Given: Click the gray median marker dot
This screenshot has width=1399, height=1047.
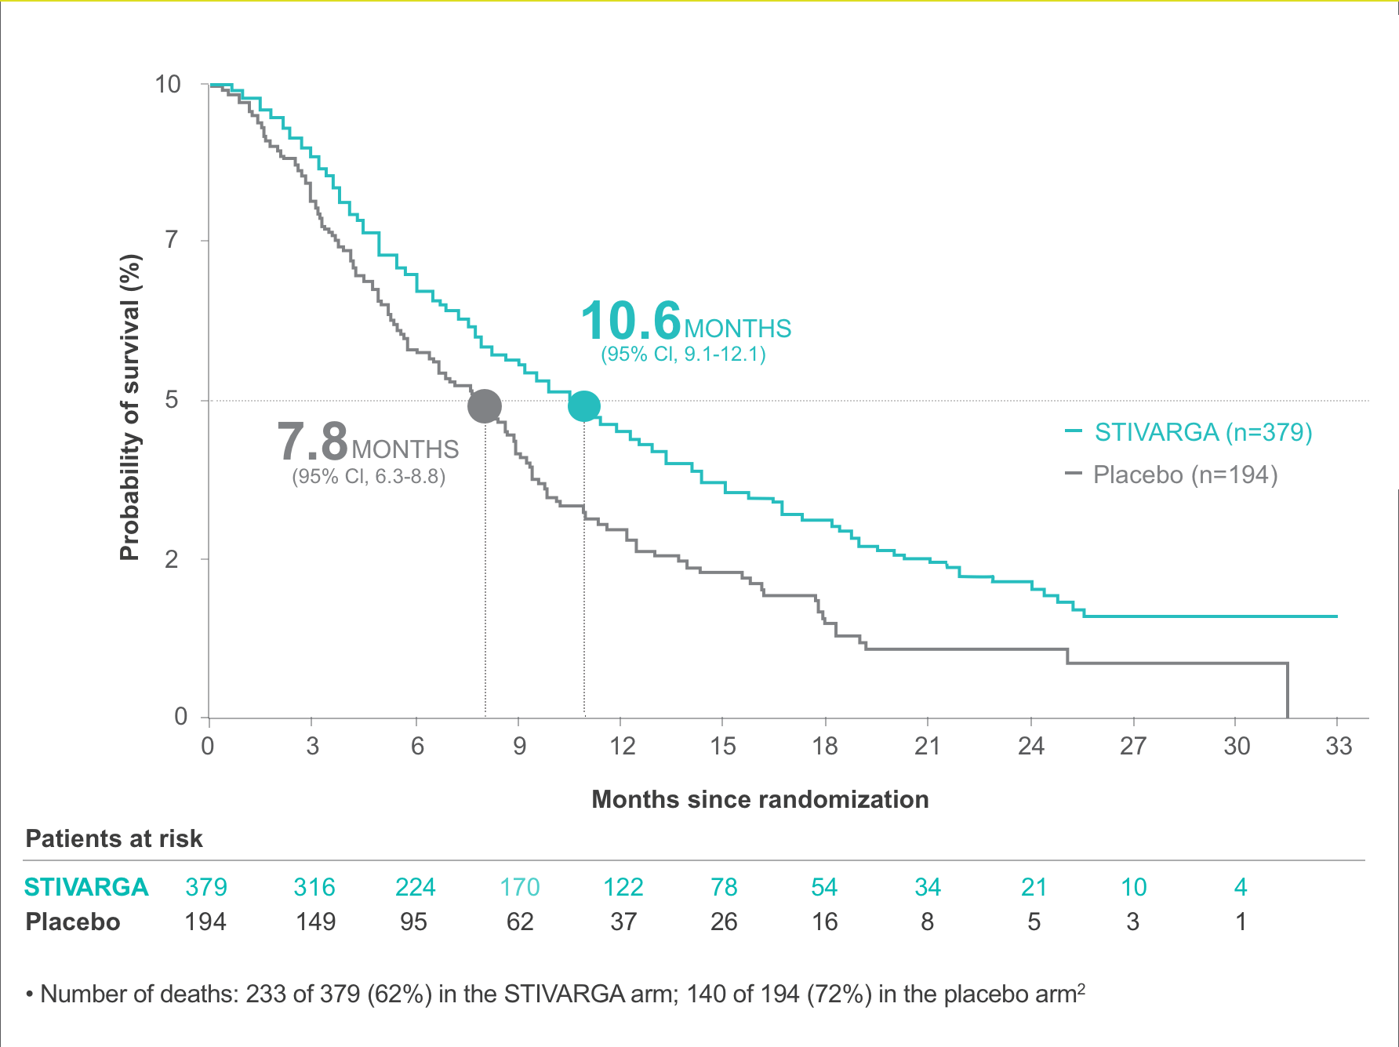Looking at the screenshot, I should pos(485,406).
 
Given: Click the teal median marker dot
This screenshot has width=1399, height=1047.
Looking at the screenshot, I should pos(584,405).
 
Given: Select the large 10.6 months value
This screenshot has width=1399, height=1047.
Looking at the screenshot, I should pos(631,322).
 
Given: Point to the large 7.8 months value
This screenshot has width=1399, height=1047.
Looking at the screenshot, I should pos(312,442).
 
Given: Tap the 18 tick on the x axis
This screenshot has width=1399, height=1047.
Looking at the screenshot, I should pos(825,746).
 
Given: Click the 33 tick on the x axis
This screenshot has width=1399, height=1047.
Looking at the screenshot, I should pos(1339,746).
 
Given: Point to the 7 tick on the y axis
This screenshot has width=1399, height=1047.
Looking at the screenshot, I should pos(172,240).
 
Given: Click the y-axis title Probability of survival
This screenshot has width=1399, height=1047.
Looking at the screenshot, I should pos(129,408).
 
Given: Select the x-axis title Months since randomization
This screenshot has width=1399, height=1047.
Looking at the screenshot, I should pos(760,799).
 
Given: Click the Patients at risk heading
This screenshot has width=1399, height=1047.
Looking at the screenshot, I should pos(114,838).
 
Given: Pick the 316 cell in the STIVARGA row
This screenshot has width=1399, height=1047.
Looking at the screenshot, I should pos(314,887).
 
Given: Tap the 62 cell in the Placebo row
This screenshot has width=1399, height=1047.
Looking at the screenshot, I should pos(520,922).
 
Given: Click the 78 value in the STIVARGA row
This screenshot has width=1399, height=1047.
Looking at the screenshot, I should pos(724,887).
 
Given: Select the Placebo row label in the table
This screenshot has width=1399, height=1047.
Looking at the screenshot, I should pos(73,922).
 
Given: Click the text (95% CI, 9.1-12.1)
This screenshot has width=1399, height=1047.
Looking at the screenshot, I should pos(683,354).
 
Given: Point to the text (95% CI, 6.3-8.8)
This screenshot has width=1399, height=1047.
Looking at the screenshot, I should pos(369,477).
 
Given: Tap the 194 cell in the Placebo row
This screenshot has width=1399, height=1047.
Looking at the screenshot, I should pos(205,922).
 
